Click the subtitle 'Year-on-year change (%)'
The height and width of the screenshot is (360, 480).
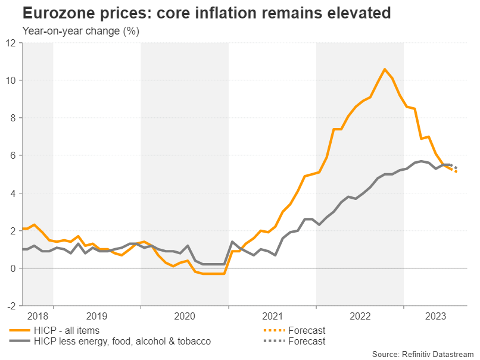pyautogui.click(x=80, y=32)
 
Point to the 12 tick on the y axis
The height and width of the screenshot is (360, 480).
pyautogui.click(x=11, y=43)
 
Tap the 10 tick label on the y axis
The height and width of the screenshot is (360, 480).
pyautogui.click(x=11, y=80)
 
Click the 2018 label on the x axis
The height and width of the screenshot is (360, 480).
pyautogui.click(x=38, y=316)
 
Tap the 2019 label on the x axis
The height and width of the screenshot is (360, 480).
pyautogui.click(x=96, y=316)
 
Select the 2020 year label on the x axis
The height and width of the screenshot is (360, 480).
pyautogui.click(x=184, y=316)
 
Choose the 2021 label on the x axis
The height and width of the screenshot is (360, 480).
pyautogui.click(x=272, y=316)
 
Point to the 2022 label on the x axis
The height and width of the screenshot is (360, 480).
pyautogui.click(x=360, y=316)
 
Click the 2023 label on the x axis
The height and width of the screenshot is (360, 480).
pyautogui.click(x=437, y=316)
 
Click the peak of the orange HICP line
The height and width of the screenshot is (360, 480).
pyautogui.click(x=384, y=70)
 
